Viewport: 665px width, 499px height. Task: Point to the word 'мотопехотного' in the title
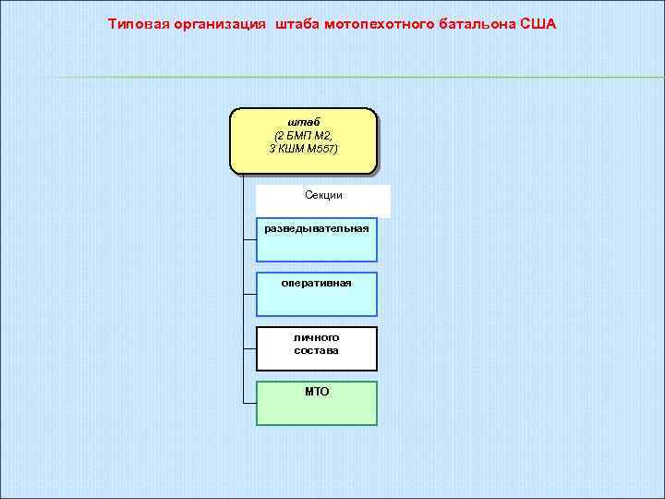coord(379,23)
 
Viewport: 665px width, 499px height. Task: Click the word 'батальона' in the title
coord(471,23)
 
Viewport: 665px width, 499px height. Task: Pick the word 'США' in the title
coord(538,23)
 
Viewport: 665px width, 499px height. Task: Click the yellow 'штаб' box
coord(303,140)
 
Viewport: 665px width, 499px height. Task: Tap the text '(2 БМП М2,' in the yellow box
coord(303,135)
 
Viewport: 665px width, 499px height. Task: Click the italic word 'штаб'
coord(303,122)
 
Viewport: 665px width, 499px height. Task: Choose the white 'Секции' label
coord(323,196)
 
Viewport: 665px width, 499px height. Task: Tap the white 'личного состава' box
coord(317,347)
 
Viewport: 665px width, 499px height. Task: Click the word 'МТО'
coord(317,392)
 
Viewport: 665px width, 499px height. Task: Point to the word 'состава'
coord(317,350)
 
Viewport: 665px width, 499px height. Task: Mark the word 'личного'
coord(317,337)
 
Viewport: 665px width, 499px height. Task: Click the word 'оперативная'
coord(317,282)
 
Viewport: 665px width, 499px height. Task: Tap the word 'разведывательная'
coord(317,227)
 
